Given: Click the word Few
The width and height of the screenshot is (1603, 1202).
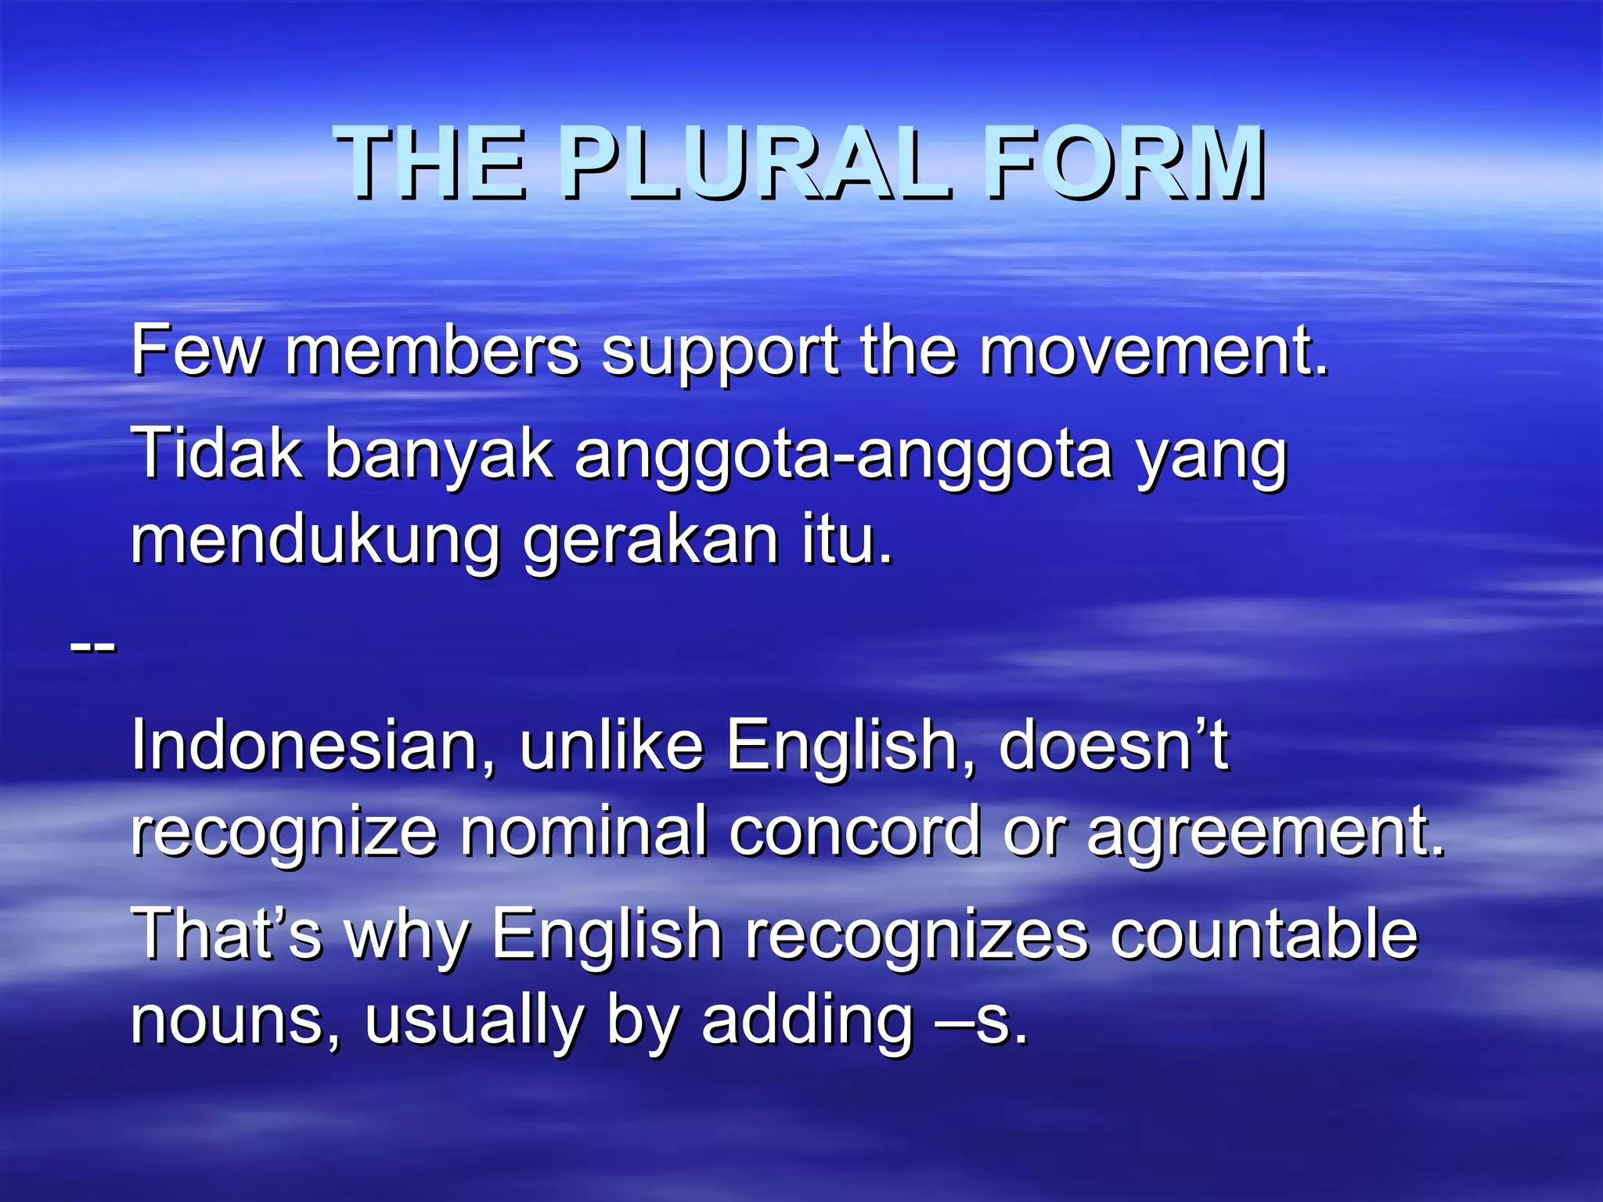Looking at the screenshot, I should tap(196, 351).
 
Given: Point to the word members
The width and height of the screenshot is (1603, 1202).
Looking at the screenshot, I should tap(432, 351).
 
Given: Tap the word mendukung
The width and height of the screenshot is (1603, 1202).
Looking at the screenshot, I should tap(315, 542).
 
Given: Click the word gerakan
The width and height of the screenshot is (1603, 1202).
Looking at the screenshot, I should tap(650, 542).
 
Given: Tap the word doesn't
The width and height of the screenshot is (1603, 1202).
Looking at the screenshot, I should tap(1113, 745).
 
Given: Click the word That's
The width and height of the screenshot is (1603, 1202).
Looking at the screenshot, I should tap(227, 934).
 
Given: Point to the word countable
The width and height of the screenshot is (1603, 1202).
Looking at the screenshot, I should tap(1263, 934).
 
